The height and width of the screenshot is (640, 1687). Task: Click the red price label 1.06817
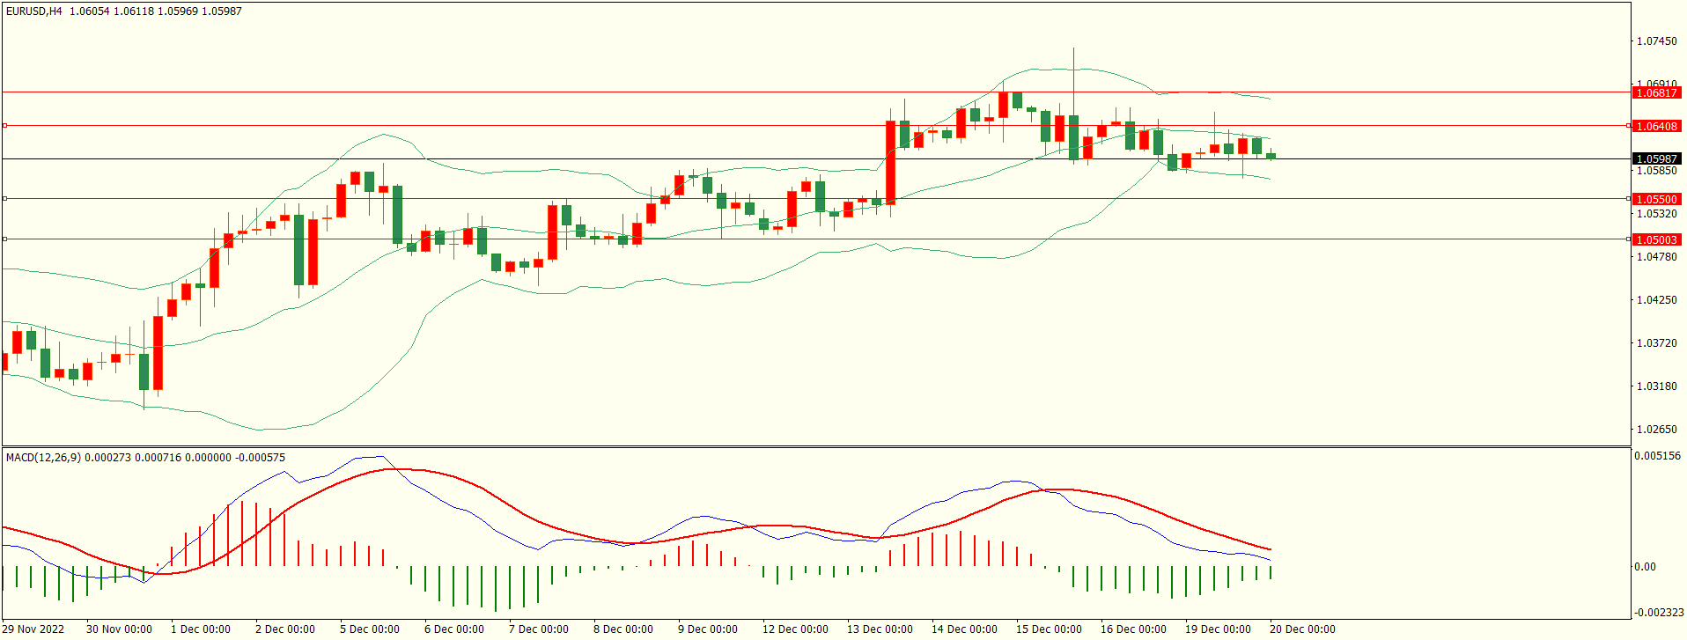1656,92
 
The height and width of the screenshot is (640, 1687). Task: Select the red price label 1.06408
1656,126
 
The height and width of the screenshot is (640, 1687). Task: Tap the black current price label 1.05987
1656,159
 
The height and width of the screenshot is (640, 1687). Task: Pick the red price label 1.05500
1656,199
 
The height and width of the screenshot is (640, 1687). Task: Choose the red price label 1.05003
1656,239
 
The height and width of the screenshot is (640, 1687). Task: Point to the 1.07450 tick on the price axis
1656,41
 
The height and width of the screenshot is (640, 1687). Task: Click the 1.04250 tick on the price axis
1656,300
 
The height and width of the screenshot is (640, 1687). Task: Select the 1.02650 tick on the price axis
1656,430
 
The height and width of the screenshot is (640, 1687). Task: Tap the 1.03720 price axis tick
1656,343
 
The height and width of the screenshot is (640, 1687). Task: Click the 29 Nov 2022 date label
35,629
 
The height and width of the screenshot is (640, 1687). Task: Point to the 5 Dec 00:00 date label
370,629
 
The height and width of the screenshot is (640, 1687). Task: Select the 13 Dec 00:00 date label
880,629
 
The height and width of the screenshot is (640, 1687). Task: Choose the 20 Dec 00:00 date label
1302,629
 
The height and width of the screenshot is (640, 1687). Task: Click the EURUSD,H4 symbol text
34,11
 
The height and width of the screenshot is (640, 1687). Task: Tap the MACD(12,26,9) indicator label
43,458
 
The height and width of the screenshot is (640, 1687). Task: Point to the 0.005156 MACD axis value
1657,456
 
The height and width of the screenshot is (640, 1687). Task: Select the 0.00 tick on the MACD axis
1645,567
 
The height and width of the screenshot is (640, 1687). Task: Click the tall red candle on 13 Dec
890,162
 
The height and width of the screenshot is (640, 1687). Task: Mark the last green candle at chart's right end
1271,156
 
